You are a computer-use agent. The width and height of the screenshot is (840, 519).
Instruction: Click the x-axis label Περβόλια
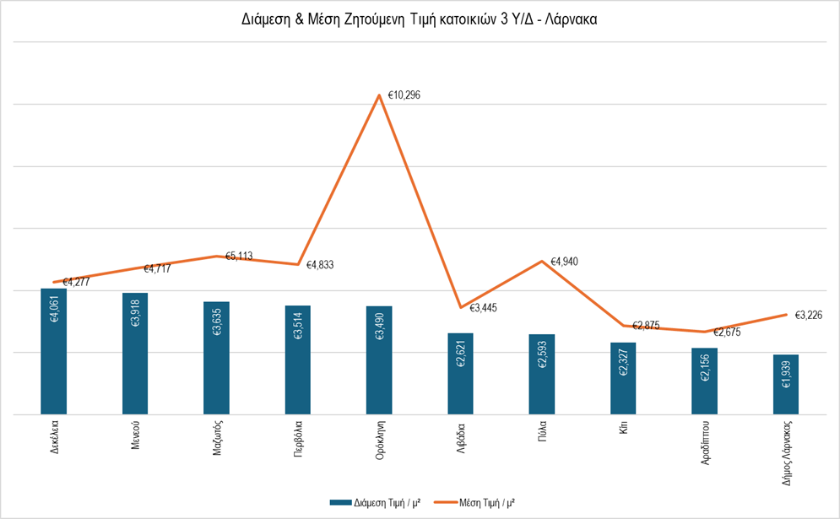[298, 439]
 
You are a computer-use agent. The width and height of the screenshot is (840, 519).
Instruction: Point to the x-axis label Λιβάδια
[460, 435]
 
